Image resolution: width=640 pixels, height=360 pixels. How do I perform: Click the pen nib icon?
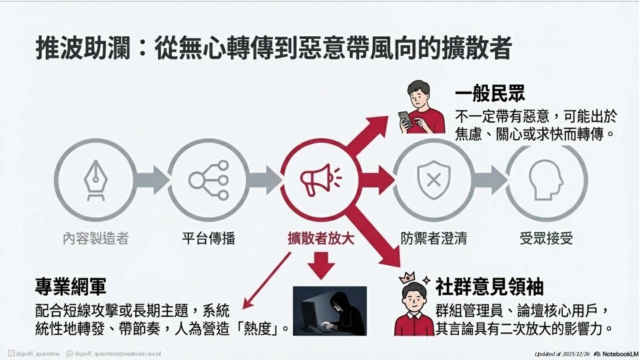(96, 180)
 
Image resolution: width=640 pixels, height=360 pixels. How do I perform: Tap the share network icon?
(209, 180)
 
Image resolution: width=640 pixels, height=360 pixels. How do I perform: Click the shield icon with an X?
(434, 180)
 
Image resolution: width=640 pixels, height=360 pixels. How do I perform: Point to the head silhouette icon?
(546, 180)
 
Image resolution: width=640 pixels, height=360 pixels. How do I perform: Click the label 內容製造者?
(96, 238)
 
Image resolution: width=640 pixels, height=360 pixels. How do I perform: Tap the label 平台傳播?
(209, 238)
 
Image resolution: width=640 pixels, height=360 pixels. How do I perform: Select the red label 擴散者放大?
(321, 238)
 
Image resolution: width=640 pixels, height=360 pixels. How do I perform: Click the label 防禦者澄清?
(434, 238)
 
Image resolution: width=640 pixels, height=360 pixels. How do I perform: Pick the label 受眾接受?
(546, 238)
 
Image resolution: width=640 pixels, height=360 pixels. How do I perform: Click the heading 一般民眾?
(490, 93)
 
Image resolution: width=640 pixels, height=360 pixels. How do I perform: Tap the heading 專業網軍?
(71, 286)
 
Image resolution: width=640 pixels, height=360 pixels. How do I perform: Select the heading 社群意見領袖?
(489, 287)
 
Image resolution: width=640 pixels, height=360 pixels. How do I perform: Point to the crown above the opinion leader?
(409, 277)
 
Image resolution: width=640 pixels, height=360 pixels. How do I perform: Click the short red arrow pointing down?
(321, 265)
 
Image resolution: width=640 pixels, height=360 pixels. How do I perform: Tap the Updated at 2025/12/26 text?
(562, 354)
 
